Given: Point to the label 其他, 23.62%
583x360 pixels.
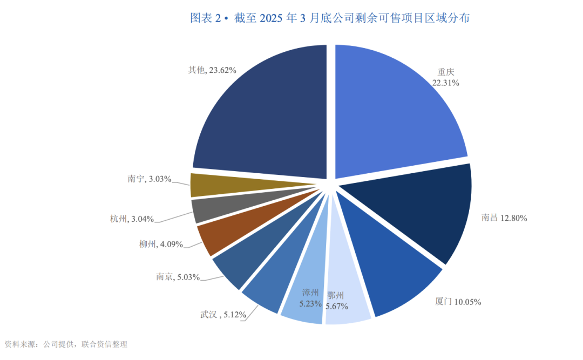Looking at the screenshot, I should pos(212,70).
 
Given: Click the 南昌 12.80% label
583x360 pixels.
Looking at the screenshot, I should pos(504,218).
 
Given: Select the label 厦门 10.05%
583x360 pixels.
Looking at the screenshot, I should pos(458,302).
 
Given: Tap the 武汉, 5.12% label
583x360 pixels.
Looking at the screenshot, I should pos(215,314).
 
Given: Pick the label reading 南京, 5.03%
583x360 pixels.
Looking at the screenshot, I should pos(178,277).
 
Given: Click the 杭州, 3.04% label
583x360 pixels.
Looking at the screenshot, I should pos(132,219).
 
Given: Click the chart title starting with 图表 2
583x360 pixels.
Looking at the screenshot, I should pos(330,18).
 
